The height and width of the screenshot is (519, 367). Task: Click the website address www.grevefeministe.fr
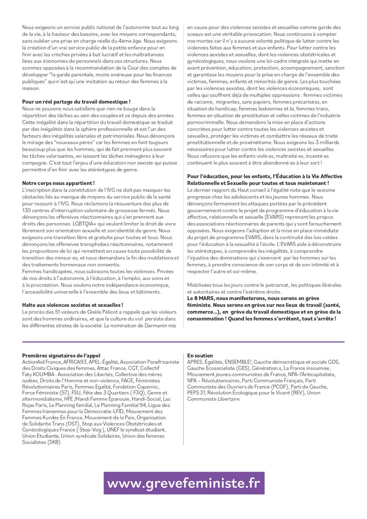click(184, 483)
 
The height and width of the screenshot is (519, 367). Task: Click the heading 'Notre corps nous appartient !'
click(58, 183)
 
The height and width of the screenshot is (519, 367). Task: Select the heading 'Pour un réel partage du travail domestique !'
click(76, 102)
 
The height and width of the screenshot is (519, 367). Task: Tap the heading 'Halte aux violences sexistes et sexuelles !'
click(73, 305)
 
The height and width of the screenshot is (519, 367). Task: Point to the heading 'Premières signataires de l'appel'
click(61, 356)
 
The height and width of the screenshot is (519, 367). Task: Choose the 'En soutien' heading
click(200, 356)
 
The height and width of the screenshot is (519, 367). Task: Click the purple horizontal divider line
click(183, 341)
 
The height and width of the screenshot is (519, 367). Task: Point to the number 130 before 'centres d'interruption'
click(27, 210)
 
